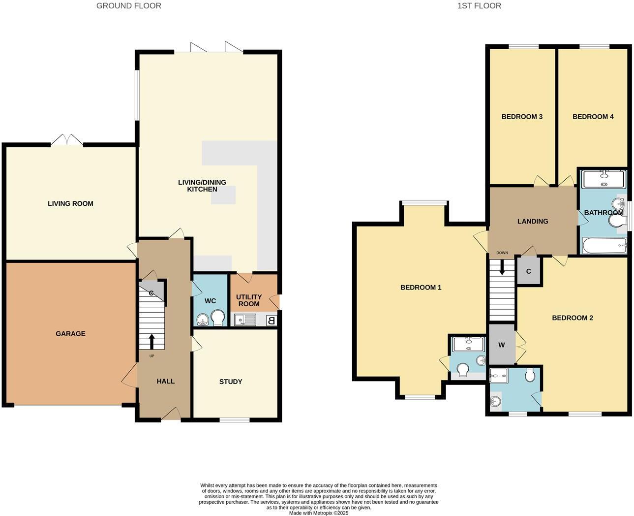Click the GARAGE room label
click(70, 334)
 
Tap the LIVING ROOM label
click(70, 204)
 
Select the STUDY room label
click(230, 382)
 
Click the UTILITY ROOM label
click(249, 300)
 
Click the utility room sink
click(244, 321)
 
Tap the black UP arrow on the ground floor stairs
click(151, 341)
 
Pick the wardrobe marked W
click(501, 345)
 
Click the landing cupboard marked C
click(529, 271)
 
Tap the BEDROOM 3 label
click(522, 117)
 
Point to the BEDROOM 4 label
click(593, 117)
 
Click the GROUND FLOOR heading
click(128, 6)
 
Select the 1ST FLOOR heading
click(479, 6)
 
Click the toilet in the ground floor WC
click(217, 317)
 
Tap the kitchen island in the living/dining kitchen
click(223, 195)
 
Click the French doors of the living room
click(67, 141)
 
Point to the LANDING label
click(532, 222)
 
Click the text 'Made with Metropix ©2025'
click(319, 513)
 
